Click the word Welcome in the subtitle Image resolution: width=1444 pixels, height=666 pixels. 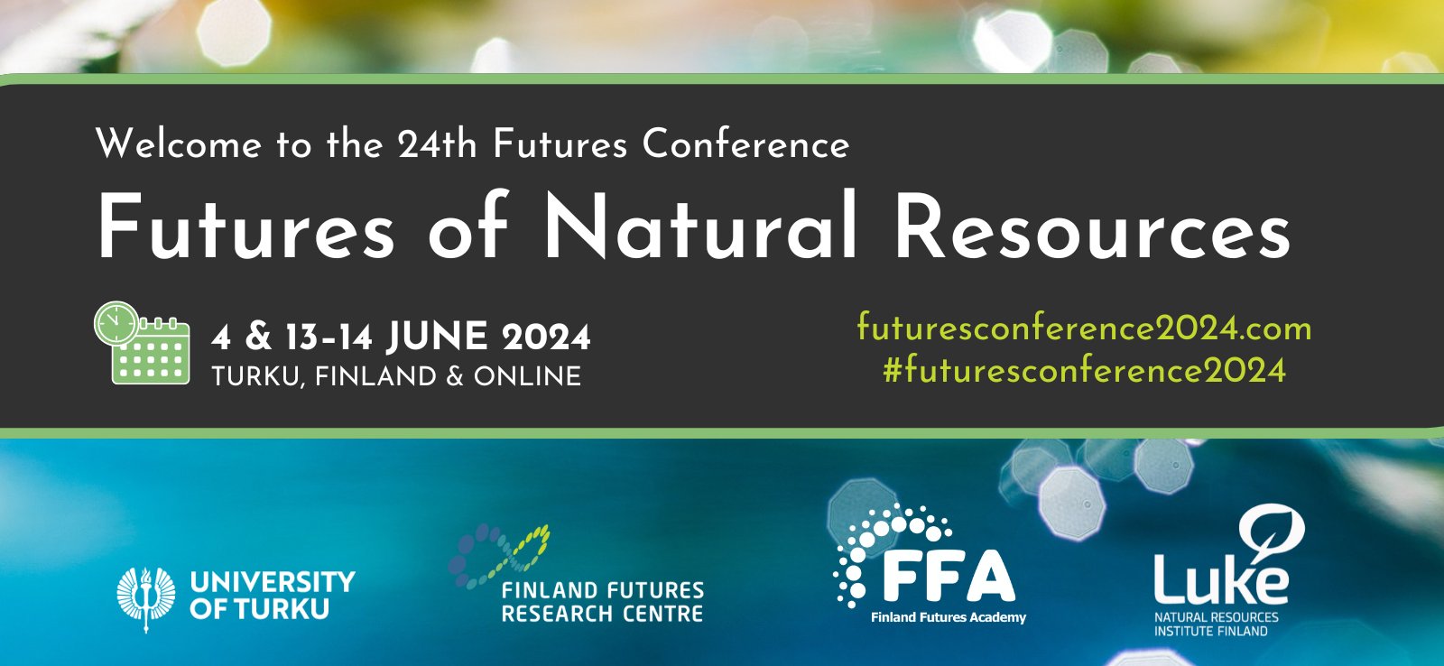tap(178, 144)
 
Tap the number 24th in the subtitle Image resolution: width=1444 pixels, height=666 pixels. tap(437, 144)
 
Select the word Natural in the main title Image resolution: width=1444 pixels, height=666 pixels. tap(700, 227)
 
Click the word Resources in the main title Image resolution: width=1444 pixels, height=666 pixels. tap(1092, 227)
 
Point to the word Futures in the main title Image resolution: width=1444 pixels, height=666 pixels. tap(245, 227)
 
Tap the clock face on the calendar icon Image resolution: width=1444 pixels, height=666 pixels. tap(116, 323)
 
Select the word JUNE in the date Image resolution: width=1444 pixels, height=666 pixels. tap(438, 338)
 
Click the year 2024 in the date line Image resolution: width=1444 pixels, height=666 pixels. tap(546, 338)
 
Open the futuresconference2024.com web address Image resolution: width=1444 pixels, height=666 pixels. tap(1084, 328)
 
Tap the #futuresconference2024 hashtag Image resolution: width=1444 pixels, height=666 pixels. tap(1084, 370)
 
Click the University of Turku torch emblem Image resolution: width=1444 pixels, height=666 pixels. tap(145, 597)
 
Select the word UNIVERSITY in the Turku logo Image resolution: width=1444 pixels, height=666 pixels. tap(273, 582)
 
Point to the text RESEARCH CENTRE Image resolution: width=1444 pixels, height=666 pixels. tap(602, 615)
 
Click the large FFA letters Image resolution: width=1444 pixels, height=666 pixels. tap(948, 576)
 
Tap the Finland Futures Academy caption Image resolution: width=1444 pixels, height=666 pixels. tap(949, 617)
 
